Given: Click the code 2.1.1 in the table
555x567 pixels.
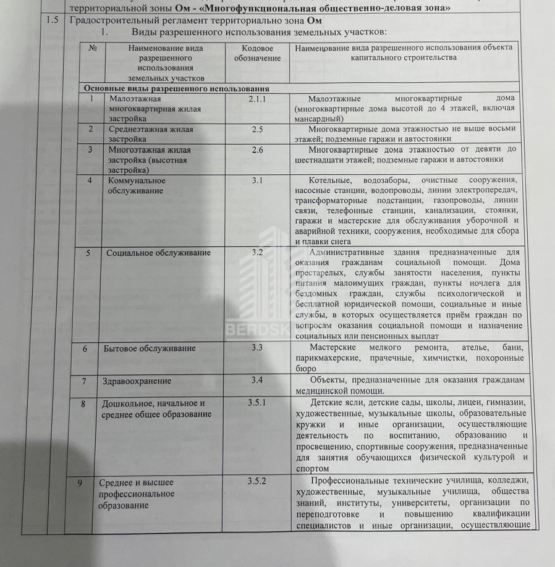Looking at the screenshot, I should pyautogui.click(x=257, y=98).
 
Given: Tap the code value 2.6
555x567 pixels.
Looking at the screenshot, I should pyautogui.click(x=257, y=149).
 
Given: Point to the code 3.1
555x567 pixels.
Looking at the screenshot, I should pyautogui.click(x=257, y=180).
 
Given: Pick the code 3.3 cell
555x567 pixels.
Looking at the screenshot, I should pyautogui.click(x=257, y=348).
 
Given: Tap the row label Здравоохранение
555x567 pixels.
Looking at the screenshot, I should pyautogui.click(x=136, y=381).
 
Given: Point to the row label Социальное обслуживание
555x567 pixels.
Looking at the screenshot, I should pyautogui.click(x=158, y=253).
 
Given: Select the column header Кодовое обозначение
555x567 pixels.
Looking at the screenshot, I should pyautogui.click(x=257, y=53).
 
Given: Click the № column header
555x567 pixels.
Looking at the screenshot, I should pyautogui.click(x=93, y=48).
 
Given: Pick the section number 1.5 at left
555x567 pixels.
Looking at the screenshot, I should pyautogui.click(x=53, y=20).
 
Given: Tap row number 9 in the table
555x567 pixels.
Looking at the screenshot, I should pyautogui.click(x=81, y=482).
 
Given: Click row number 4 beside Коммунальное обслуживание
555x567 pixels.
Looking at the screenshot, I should pyautogui.click(x=90, y=180).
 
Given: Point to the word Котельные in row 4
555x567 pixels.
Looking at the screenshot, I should pyautogui.click(x=329, y=180).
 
